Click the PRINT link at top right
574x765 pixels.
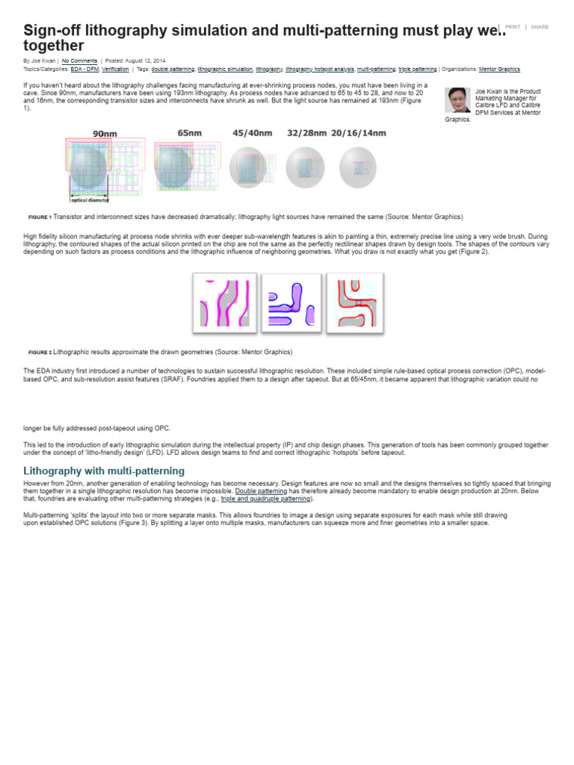[513, 27]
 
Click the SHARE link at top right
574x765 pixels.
[539, 27]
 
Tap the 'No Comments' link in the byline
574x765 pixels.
[79, 61]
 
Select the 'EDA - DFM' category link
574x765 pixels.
[84, 69]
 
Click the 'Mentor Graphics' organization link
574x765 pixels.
[499, 69]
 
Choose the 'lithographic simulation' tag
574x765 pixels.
[225, 69]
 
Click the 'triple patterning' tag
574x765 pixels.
[418, 69]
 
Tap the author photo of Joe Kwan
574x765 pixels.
[457, 100]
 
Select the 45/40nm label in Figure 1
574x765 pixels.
[252, 133]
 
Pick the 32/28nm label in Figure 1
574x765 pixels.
[306, 133]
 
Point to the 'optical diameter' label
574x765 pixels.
[90, 200]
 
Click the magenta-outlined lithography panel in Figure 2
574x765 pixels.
[225, 303]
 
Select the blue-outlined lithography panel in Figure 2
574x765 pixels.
[291, 303]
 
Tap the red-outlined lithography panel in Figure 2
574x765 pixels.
[357, 303]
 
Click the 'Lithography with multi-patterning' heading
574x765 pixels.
[104, 471]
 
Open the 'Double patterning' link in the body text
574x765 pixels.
[261, 491]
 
